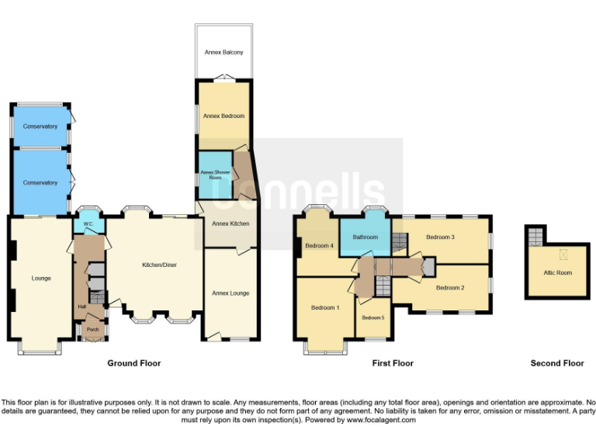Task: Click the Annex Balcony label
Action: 223,53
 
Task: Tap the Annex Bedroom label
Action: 223,116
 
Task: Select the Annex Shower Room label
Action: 211,175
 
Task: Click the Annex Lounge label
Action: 230,293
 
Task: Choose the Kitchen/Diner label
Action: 159,265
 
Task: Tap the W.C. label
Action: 88,225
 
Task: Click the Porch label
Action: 93,329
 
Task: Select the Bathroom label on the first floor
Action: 365,237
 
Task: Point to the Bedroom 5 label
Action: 372,317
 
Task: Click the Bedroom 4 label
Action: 319,246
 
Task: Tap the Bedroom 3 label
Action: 440,237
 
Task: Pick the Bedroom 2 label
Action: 449,287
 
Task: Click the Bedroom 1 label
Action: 324,308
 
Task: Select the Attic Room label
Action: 558,272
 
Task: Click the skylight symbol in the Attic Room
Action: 563,253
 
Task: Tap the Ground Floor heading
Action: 133,363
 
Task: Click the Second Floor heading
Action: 556,363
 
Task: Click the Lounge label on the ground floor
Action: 40,277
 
